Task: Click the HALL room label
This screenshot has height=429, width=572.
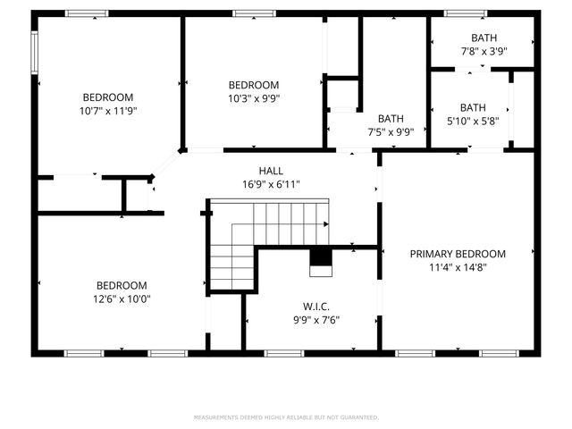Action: tap(272, 171)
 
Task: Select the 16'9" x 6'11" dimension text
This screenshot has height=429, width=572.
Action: tap(272, 184)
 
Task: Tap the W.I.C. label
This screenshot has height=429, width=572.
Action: tap(316, 306)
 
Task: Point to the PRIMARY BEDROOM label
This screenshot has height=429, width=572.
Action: tap(458, 254)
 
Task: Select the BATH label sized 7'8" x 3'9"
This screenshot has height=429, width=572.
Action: tap(484, 38)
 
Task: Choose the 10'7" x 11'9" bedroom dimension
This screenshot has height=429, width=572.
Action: tap(108, 111)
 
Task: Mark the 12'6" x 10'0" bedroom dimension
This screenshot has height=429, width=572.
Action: tap(122, 299)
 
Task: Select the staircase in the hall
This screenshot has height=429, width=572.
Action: tap(268, 232)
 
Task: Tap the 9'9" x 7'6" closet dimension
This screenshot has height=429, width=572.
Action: tap(316, 319)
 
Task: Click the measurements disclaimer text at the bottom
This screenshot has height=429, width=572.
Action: tap(286, 417)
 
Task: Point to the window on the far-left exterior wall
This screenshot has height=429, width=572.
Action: tap(35, 54)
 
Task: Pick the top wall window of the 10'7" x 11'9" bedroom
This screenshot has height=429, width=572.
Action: tap(87, 13)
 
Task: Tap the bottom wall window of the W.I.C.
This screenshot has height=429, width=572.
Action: tap(286, 353)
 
